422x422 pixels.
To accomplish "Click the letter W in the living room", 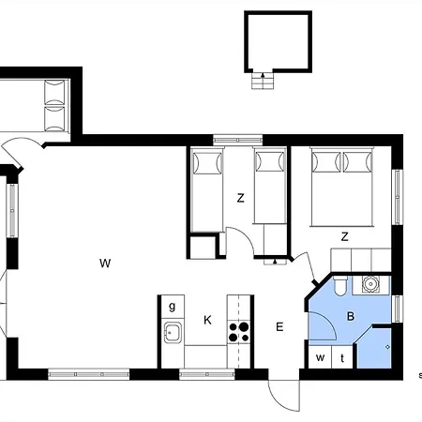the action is click(x=105, y=264).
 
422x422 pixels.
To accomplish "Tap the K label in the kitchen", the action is click(x=207, y=320).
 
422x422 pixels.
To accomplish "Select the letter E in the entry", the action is click(x=279, y=327).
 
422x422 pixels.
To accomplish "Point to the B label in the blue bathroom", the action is click(x=351, y=316).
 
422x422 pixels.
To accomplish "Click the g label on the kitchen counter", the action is click(x=173, y=307).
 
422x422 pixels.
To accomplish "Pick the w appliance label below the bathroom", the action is click(x=320, y=357).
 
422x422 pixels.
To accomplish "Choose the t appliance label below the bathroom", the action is click(x=342, y=358).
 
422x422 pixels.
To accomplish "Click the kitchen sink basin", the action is click(x=173, y=332).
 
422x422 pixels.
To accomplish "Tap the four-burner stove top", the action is click(x=239, y=332).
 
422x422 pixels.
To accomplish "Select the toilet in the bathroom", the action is click(x=339, y=285).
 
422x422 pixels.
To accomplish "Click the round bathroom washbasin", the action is click(x=370, y=284).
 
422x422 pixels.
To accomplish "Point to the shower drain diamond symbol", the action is click(x=388, y=347).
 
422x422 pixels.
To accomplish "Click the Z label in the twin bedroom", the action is click(x=240, y=198).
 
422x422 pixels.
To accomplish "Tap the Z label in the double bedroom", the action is click(x=344, y=236).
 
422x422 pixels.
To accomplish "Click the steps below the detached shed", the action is click(x=263, y=81).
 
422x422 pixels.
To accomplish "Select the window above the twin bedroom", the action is click(x=238, y=140).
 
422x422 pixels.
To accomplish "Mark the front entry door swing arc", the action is click(x=280, y=402).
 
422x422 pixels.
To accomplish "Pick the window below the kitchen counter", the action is click(x=207, y=374).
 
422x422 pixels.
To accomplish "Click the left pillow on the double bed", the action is click(x=326, y=162).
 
